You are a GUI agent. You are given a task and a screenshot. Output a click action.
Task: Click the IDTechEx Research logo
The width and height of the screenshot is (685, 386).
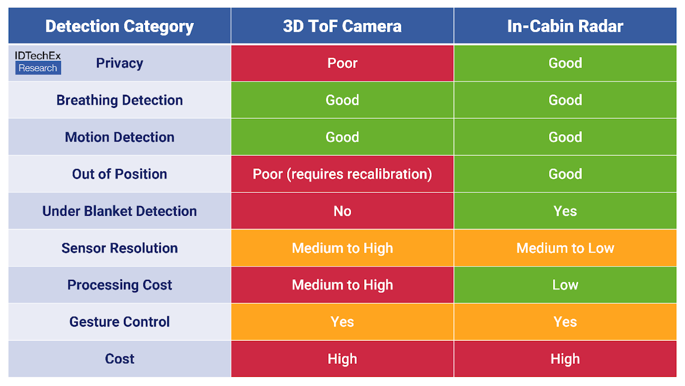coord(38,62)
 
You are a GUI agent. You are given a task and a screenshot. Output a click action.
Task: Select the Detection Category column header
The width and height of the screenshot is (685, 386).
coord(119,26)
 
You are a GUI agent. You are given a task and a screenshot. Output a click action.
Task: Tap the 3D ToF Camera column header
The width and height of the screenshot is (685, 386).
coord(342,26)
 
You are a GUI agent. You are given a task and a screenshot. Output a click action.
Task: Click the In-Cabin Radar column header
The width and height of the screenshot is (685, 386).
coord(565,26)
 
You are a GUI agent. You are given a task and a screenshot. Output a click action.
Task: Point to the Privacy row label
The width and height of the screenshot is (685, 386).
coord(119,63)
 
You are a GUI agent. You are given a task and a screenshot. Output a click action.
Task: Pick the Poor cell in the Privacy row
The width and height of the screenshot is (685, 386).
coord(342,63)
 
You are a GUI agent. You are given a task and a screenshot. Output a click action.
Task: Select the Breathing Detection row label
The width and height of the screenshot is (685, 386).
coord(119,100)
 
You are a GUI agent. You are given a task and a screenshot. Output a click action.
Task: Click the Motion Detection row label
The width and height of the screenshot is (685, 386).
coord(119,137)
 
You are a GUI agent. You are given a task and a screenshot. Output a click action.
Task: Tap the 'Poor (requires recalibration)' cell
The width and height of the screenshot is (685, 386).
coord(342,174)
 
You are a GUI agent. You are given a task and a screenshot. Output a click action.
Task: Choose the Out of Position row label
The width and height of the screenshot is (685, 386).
coord(119,174)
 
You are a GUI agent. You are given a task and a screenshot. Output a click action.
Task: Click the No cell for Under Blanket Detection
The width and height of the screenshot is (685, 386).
coord(342,211)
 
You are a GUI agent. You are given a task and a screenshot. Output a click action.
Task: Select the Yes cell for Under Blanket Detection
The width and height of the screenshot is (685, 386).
coord(565,211)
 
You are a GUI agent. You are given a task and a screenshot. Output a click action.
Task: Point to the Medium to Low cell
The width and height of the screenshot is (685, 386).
coord(565,248)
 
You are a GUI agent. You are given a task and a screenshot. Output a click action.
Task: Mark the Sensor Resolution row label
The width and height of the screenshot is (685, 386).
coord(119,248)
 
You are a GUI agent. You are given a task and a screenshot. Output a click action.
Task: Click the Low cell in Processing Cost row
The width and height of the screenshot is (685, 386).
coord(565,284)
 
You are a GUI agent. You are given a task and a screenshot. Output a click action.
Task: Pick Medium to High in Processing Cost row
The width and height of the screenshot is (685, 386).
coord(342,284)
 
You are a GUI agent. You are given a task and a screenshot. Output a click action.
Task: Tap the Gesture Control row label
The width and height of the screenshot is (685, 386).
coord(119,321)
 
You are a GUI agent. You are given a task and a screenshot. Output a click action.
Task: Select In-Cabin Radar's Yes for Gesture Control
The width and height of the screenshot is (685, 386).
coord(565,321)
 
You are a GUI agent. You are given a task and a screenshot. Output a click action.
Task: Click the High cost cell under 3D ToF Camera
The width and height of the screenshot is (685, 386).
coord(342,359)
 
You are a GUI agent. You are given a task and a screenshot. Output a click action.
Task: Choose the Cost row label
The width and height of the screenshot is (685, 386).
coord(119,359)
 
